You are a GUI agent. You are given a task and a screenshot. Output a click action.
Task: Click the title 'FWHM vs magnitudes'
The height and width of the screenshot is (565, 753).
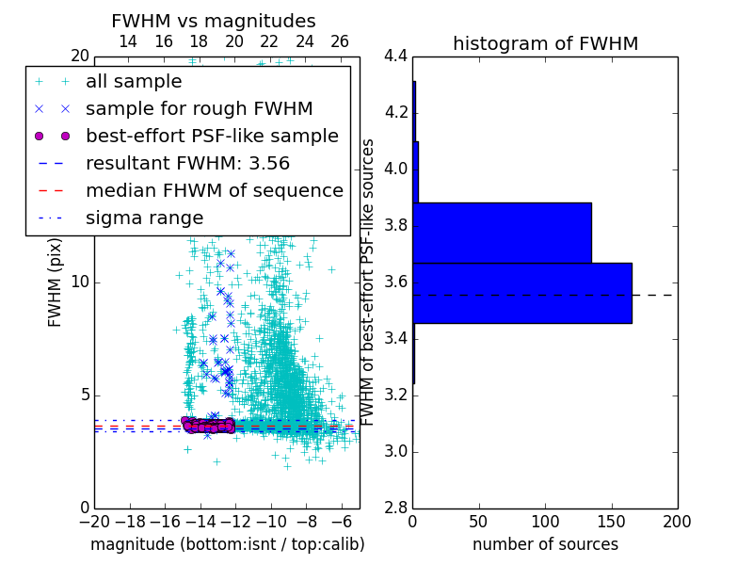point(213,21)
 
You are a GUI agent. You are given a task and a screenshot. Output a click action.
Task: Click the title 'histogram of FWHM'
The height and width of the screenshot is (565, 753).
point(545,43)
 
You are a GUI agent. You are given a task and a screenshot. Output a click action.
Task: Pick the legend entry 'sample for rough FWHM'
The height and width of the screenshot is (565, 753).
point(199,108)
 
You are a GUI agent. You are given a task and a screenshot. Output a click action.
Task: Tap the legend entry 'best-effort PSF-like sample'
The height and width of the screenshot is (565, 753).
point(212,136)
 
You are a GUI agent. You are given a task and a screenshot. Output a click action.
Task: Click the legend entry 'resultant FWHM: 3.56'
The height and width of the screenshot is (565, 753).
point(187,163)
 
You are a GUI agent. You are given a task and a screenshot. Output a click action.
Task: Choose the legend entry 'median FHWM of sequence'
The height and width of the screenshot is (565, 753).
point(214,190)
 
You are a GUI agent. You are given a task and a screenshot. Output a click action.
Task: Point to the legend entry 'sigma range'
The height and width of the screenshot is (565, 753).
point(144,218)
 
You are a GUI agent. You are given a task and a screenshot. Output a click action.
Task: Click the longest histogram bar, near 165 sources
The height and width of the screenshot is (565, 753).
point(521,293)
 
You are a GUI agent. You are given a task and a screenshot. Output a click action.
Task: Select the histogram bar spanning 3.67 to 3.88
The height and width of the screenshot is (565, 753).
point(502,233)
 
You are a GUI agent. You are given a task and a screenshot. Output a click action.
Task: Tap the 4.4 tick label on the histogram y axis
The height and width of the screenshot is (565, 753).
point(395,56)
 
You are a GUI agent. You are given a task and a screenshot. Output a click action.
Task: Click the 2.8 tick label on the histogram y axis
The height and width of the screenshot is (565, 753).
point(395,508)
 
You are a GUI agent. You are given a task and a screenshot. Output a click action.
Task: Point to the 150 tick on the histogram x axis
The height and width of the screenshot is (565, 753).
point(611,521)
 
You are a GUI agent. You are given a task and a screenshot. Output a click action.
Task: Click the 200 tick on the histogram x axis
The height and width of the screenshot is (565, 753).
point(677,521)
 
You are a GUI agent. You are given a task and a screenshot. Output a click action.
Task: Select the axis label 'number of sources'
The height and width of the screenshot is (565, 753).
point(545,544)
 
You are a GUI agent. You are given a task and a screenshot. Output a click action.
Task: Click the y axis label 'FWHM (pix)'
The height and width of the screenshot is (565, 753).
point(56,282)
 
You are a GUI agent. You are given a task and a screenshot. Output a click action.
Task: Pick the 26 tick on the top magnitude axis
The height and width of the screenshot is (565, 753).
point(340,41)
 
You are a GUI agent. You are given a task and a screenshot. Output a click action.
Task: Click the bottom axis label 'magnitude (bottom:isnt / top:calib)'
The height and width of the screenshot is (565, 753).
point(227,544)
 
